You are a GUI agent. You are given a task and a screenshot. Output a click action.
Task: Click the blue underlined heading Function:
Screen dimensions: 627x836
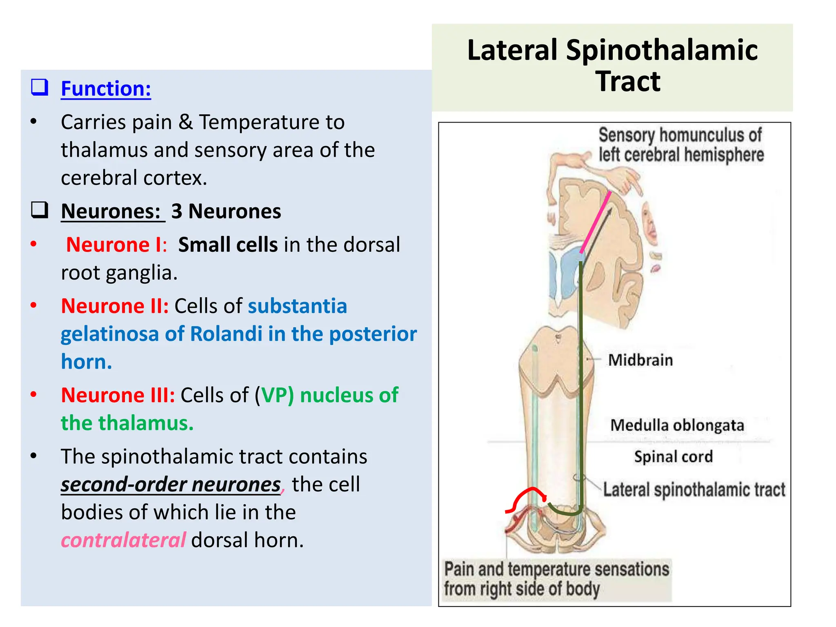106,89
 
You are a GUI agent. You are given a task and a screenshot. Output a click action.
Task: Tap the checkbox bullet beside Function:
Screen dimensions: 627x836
40,87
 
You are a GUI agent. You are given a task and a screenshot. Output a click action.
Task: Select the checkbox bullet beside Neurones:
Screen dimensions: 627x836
40,210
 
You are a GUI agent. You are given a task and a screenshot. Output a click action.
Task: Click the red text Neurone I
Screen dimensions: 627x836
114,245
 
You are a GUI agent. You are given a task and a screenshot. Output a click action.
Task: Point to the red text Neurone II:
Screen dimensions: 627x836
115,306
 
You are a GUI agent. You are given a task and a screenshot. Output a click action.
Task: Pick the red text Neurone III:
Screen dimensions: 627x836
118,395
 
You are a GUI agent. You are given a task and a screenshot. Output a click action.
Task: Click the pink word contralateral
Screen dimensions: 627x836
123,540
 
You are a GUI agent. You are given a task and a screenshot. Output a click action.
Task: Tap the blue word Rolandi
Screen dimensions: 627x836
226,334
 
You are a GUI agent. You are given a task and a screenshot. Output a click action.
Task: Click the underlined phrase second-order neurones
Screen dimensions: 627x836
171,485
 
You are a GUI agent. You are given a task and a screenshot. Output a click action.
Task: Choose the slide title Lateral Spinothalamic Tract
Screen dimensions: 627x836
612,65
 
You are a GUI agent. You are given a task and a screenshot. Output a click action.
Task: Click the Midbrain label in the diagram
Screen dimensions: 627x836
640,360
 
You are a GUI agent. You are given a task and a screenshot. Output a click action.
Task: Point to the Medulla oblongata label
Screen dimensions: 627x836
677,425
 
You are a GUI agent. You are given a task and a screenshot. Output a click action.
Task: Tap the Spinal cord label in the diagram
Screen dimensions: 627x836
673,456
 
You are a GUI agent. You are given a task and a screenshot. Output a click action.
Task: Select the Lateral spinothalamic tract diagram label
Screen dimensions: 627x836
694,489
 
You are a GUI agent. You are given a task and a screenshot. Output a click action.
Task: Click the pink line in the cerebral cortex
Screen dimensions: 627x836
595,222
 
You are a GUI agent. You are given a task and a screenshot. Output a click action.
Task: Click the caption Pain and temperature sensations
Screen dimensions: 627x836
556,569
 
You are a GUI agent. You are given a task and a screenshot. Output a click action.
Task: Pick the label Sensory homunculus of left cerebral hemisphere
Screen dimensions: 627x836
681,145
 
